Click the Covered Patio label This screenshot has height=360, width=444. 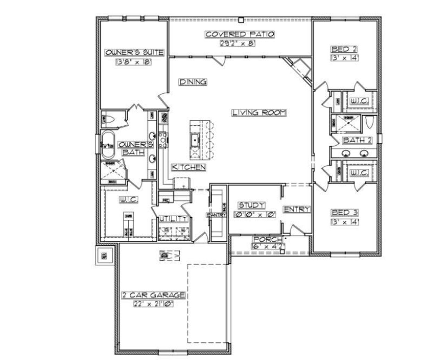tap(240, 34)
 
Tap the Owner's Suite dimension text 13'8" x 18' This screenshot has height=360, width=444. tap(134, 62)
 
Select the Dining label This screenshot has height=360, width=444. tap(193, 82)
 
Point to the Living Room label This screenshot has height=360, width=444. tap(259, 112)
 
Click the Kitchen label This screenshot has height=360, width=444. tap(189, 167)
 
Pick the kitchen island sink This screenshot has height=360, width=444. tap(195, 140)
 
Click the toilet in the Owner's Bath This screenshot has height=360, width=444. tap(109, 120)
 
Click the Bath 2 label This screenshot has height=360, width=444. tap(357, 140)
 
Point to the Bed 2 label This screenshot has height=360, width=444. tap(344, 49)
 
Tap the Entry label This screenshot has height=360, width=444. tap(297, 209)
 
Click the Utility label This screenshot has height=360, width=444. tap(173, 219)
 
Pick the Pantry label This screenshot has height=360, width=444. tap(216, 215)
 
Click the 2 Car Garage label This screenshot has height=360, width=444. tap(153, 295)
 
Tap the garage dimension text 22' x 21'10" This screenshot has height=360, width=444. tap(153, 304)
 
